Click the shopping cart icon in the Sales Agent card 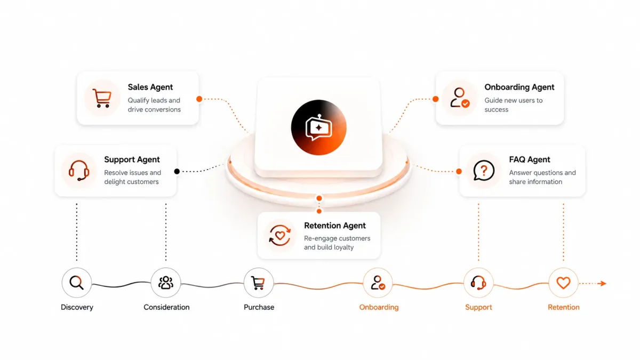(102, 98)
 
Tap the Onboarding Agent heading (519, 87)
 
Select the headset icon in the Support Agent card (78, 170)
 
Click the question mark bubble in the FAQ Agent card (484, 171)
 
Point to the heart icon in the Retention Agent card (279, 235)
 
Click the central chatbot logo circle (319, 127)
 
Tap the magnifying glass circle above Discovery (77, 283)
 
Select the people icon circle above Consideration (166, 283)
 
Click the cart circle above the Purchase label (259, 283)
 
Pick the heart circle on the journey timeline (563, 283)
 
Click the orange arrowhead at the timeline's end (603, 283)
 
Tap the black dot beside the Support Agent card (177, 171)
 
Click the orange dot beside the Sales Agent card (199, 99)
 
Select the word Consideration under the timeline (166, 307)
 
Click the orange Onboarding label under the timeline (379, 307)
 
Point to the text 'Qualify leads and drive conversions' (154, 105)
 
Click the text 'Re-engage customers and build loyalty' (337, 243)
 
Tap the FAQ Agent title (530, 159)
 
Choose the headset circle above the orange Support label (478, 283)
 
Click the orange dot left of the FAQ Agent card (459, 171)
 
